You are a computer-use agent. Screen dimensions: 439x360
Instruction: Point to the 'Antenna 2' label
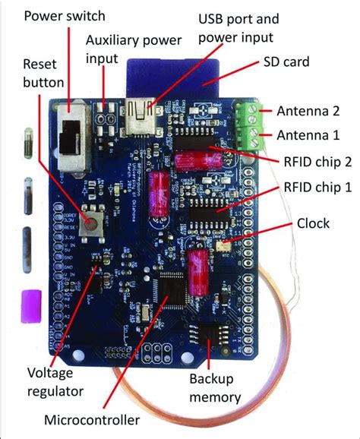308,111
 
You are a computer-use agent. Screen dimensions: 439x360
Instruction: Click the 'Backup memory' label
215,387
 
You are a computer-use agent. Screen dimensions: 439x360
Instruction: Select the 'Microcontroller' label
91,420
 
